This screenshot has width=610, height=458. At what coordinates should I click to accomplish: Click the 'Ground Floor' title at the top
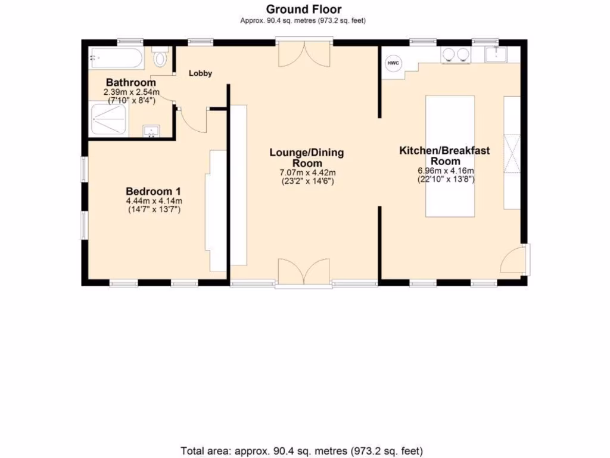tap(303, 9)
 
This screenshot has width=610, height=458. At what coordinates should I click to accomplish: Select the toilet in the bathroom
tap(159, 58)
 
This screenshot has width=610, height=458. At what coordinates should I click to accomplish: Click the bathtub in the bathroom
tap(116, 58)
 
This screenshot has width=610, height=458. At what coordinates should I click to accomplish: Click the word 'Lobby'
tap(200, 73)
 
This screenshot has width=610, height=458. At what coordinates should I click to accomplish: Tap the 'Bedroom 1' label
tap(153, 191)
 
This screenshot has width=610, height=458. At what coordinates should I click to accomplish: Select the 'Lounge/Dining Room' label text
tap(306, 157)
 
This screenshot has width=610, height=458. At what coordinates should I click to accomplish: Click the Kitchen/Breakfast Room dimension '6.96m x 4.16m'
tap(444, 170)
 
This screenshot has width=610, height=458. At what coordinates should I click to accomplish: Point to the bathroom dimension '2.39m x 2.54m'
tap(130, 92)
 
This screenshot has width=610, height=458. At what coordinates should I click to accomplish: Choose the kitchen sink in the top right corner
tap(495, 55)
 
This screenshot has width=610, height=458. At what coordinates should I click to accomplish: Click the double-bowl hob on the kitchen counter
tap(455, 55)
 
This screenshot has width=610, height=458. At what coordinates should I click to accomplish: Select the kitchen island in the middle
tap(450, 156)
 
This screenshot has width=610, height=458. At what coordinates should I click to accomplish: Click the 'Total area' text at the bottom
tap(301, 450)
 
